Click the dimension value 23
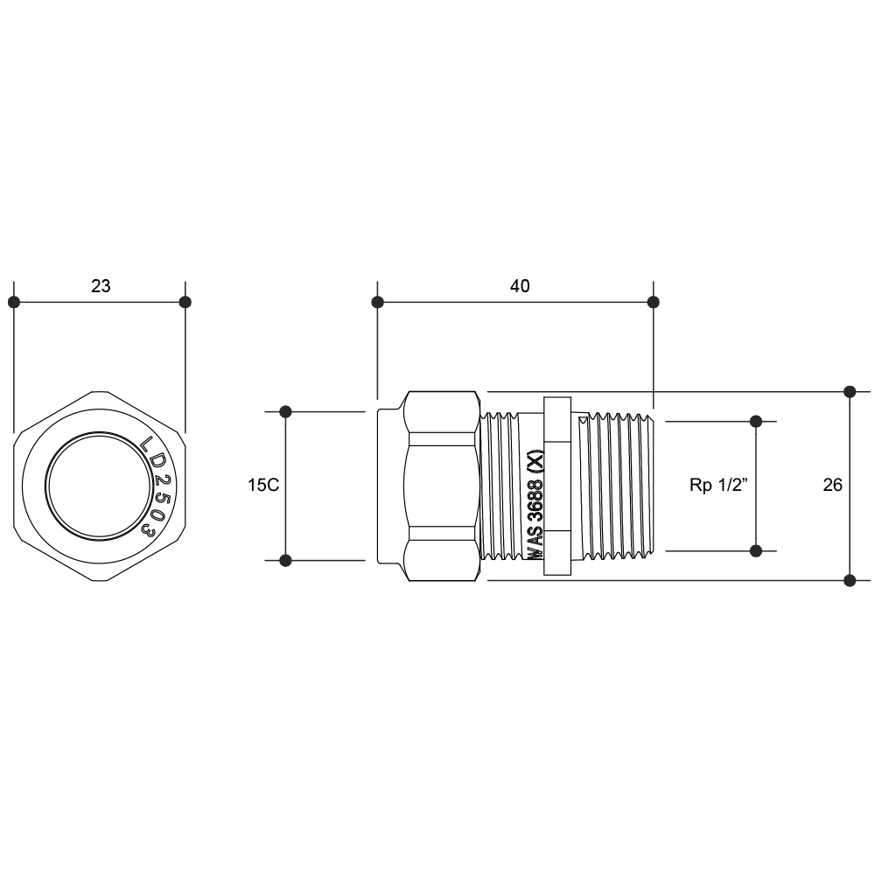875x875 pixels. pyautogui.click(x=101, y=286)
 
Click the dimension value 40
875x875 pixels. pyautogui.click(x=520, y=286)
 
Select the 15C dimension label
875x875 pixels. pyautogui.click(x=263, y=485)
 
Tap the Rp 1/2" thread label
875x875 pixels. pyautogui.click(x=718, y=485)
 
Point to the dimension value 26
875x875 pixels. pyautogui.click(x=833, y=485)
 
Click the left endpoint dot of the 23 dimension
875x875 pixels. pyautogui.click(x=14, y=302)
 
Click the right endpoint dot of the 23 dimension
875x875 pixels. pyautogui.click(x=185, y=302)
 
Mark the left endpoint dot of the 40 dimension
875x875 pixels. pyautogui.click(x=378, y=302)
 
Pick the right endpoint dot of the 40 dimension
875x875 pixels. pyautogui.click(x=654, y=302)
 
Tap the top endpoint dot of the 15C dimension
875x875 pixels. pyautogui.click(x=285, y=412)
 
